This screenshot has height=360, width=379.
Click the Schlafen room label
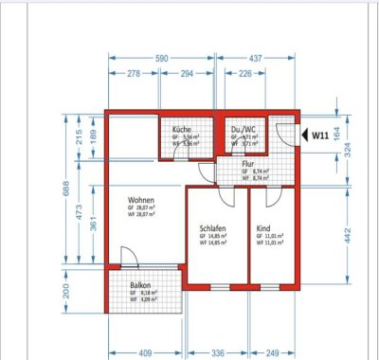(x=213, y=228)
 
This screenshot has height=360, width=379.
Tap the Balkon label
(x=141, y=286)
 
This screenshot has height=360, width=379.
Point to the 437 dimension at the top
(x=257, y=57)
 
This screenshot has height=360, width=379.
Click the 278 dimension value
(x=134, y=72)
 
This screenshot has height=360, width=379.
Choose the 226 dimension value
(x=244, y=72)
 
